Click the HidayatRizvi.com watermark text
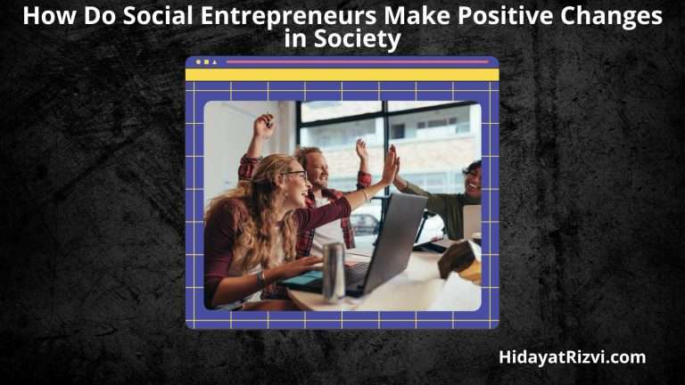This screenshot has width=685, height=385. [x=572, y=357]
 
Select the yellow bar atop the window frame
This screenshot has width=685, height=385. [x=342, y=75]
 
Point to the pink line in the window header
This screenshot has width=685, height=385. [x=357, y=61]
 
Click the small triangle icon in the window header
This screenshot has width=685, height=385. [x=214, y=62]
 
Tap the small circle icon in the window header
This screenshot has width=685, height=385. [x=198, y=62]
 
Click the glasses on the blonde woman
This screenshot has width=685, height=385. [x=296, y=176]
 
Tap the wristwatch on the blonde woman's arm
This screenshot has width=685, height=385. [x=261, y=278]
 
